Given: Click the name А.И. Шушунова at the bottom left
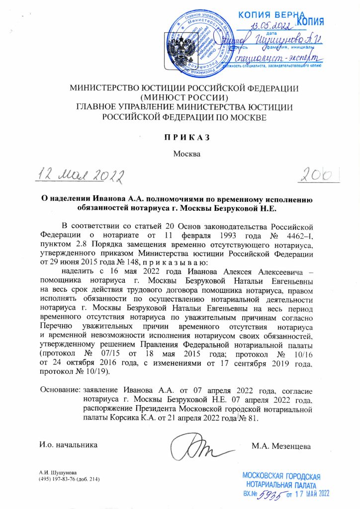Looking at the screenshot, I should tap(55, 472).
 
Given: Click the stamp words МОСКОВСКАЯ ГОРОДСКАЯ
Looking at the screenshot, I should tap(281, 475).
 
